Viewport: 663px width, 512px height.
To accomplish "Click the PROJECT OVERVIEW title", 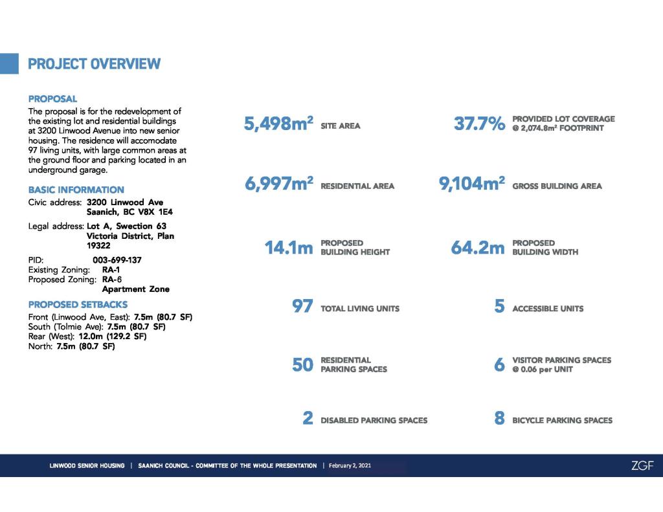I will point(94,64).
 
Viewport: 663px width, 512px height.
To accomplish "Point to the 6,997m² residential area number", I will point(278,184).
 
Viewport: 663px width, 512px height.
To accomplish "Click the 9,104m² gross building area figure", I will point(472,184).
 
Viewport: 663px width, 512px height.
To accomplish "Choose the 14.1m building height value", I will point(289,248).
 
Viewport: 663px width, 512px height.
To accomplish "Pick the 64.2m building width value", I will point(478,248).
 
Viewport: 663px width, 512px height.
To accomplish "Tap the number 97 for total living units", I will point(303,307).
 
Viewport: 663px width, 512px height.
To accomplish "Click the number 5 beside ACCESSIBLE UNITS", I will point(499,307).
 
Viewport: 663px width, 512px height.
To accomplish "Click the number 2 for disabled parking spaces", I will point(308,419).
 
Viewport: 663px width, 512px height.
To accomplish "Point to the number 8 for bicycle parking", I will point(499,419).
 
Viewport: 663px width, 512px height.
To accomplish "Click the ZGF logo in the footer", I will point(642,465).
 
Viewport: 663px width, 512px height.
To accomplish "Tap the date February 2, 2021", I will point(350,465).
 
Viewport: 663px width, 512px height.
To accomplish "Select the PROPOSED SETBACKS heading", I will point(78,304).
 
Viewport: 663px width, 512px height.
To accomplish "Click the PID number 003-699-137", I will point(117,260).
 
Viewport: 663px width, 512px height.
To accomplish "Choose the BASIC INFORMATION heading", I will point(76,190).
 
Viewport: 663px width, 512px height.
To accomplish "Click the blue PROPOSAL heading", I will point(52,99).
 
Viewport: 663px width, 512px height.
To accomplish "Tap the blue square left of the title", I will point(9,63).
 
